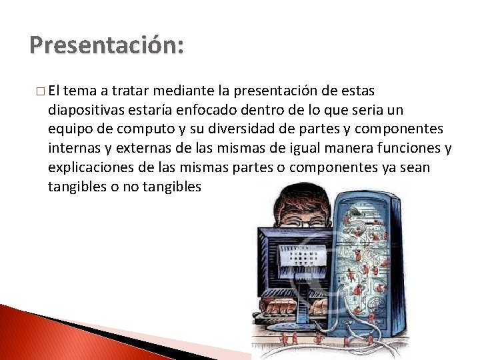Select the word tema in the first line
click(x=83, y=90)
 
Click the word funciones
click(x=407, y=148)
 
